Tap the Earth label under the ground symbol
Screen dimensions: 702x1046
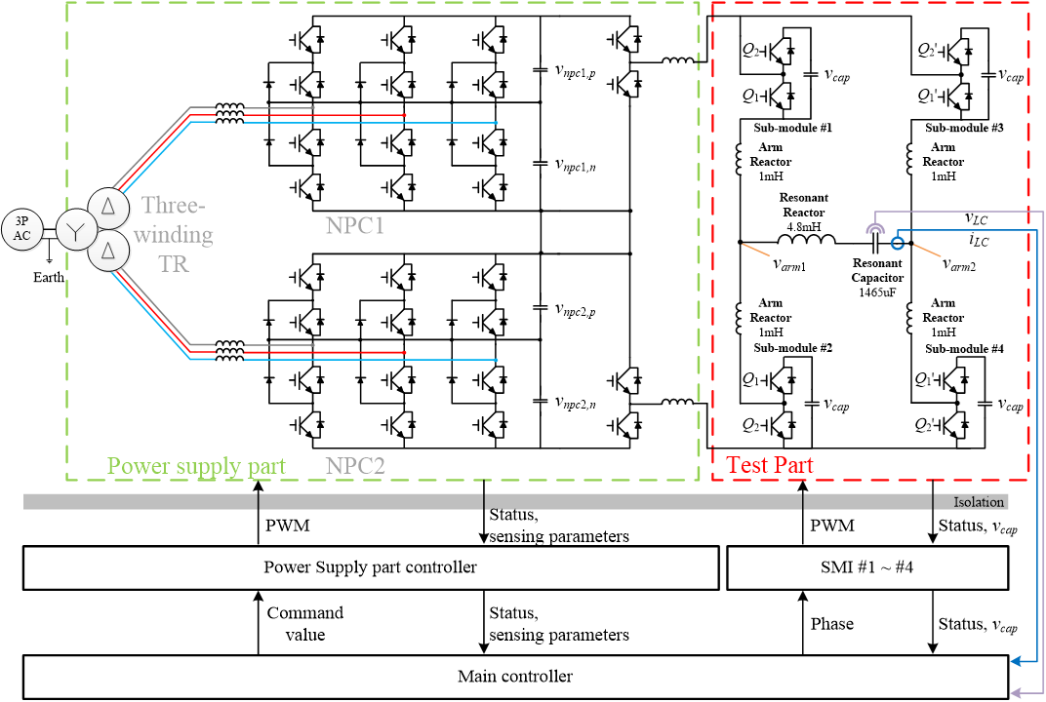[48, 277]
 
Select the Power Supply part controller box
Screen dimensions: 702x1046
[370, 567]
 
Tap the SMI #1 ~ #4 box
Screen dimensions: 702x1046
[865, 567]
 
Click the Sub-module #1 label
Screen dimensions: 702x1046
[792, 129]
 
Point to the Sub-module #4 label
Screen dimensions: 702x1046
[964, 348]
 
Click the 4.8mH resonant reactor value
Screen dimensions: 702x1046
[804, 225]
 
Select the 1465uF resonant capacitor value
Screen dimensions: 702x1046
[877, 292]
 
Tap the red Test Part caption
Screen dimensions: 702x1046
[768, 466]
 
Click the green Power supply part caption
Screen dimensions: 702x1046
[196, 466]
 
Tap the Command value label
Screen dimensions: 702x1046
[304, 623]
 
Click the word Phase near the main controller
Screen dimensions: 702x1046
[832, 624]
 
